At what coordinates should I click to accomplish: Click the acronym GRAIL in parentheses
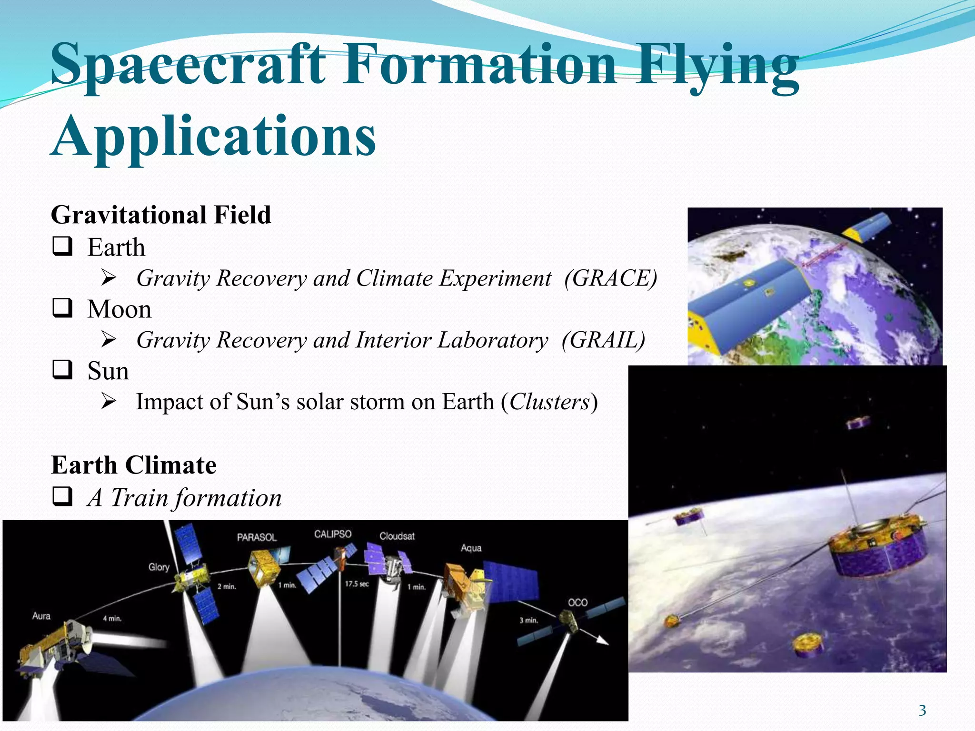coord(603,340)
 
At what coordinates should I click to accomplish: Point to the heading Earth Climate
coord(134,465)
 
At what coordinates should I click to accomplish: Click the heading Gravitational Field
coord(161,215)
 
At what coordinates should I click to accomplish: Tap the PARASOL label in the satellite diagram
coord(257,537)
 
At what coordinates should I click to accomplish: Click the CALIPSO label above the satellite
coord(333,534)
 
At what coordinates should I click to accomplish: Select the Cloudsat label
coord(397,536)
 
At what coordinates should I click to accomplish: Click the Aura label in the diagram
coord(41,616)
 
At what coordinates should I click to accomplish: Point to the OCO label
coord(578,603)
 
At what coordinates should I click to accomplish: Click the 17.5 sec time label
coord(357,584)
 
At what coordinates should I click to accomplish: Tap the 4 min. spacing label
coord(112,619)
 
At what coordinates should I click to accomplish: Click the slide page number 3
coord(922,711)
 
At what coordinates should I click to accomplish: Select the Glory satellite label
coord(159,567)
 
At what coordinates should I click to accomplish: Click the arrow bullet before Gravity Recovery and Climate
coord(109,278)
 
